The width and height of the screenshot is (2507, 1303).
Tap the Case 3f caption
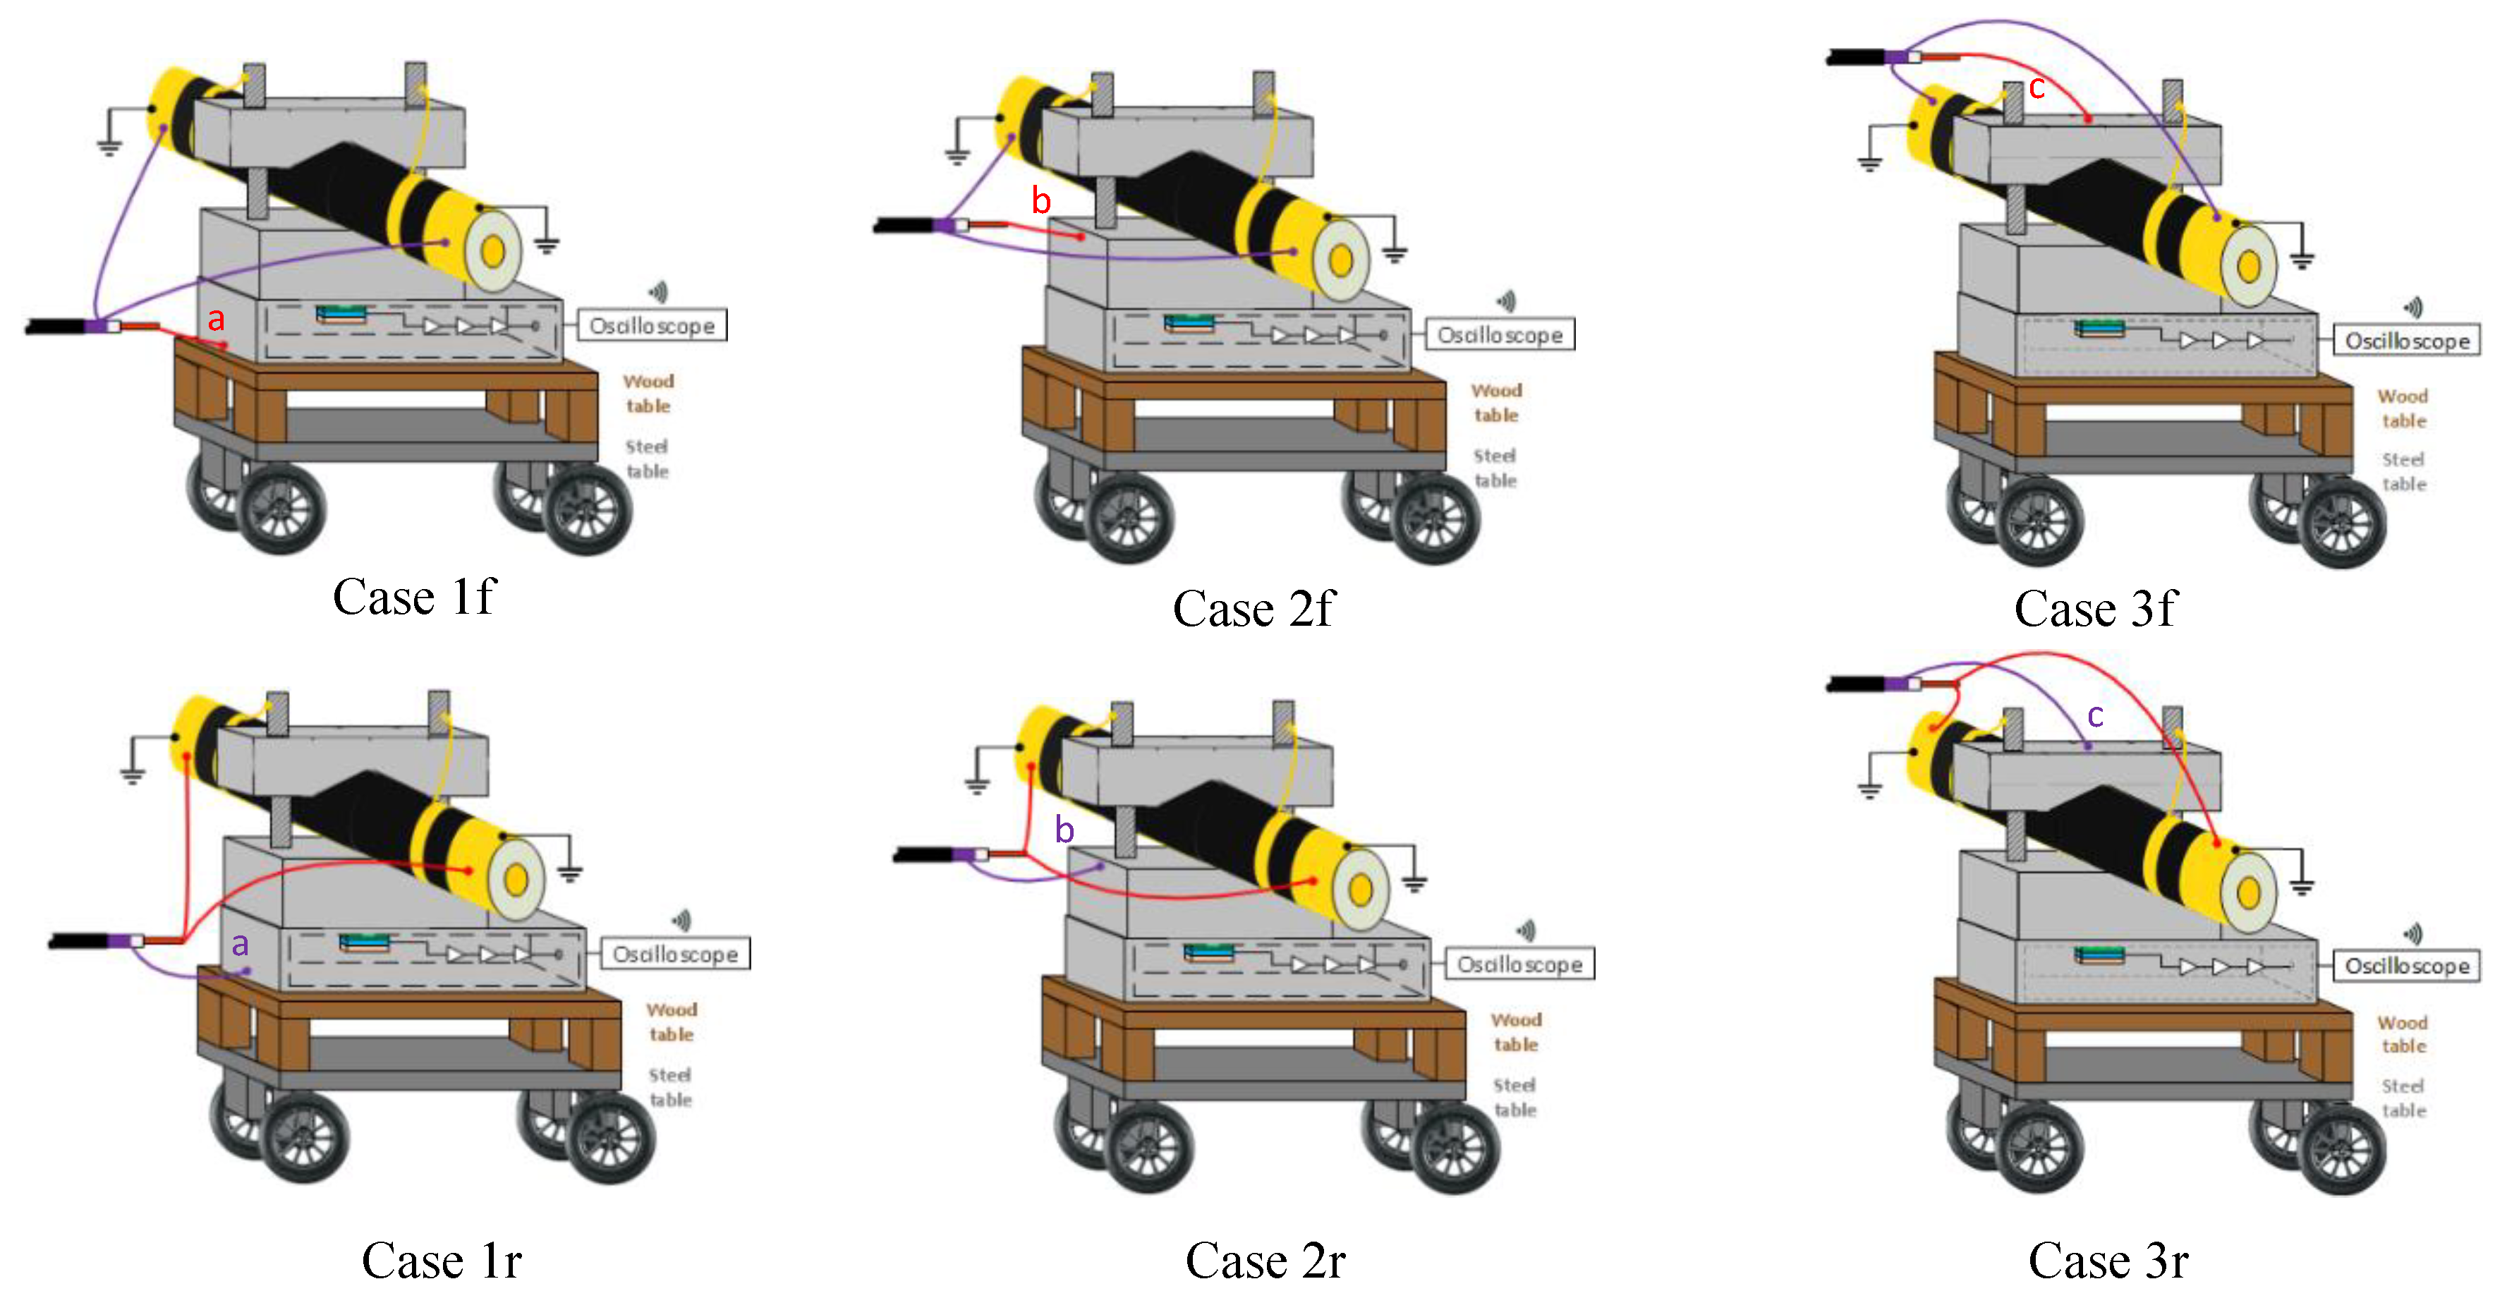[2094, 609]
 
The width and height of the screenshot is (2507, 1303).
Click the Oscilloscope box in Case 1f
[652, 325]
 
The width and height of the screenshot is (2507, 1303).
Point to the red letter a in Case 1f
[216, 318]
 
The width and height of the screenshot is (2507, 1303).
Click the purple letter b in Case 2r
[1064, 830]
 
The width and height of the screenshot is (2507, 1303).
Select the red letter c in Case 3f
[2036, 87]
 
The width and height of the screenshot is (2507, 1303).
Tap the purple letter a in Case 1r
[239, 943]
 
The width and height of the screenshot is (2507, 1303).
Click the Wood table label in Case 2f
[1496, 402]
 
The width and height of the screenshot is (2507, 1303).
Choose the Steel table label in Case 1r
[671, 1087]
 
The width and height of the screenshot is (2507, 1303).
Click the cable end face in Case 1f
[493, 251]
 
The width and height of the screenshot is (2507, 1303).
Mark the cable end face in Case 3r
[2249, 892]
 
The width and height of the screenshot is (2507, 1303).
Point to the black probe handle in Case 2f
[904, 226]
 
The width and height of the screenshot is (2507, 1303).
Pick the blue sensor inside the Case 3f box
[2099, 329]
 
